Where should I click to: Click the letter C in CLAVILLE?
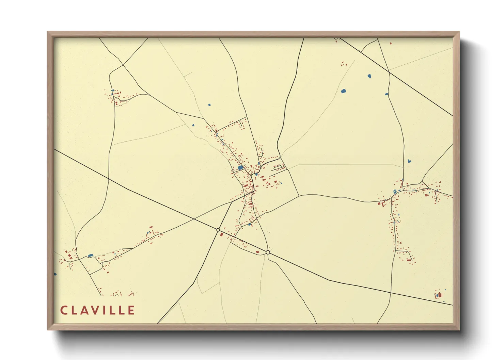[x=64, y=310]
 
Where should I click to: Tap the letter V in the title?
[x=93, y=310]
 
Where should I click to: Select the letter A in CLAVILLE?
[x=83, y=310]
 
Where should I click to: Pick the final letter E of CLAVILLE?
[x=131, y=310]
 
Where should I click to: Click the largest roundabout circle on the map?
[x=268, y=252]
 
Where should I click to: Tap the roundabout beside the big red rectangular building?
[x=218, y=230]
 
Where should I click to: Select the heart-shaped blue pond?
[x=409, y=161]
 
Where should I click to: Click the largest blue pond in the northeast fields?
[x=343, y=91]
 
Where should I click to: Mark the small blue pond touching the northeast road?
[x=387, y=94]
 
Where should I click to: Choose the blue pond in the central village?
[x=241, y=168]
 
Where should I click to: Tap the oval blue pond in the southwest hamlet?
[x=90, y=255]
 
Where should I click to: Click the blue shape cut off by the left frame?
[x=55, y=274]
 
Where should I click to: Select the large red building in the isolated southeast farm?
[x=440, y=295]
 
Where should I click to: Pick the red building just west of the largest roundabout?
[x=257, y=252]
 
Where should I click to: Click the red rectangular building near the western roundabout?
[x=222, y=234]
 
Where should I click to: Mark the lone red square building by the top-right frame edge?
[x=390, y=44]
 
